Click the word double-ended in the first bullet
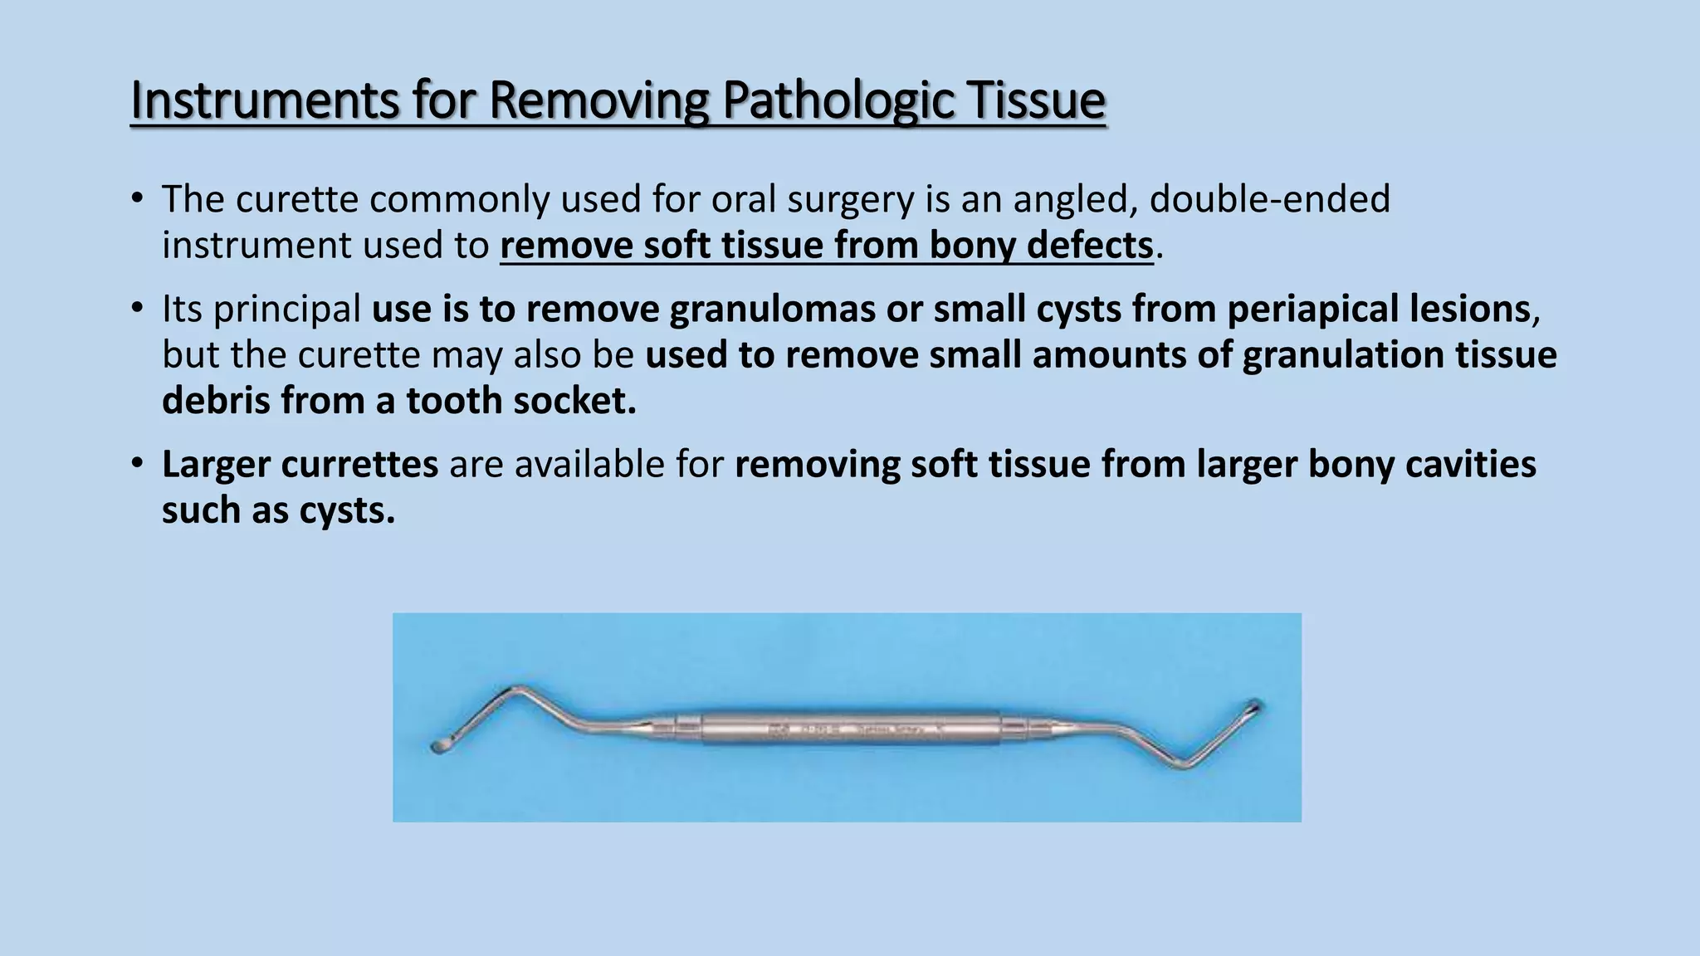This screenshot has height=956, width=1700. [x=1269, y=199]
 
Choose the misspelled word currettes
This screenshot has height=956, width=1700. [x=359, y=464]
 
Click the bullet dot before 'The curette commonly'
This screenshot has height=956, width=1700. [x=138, y=198]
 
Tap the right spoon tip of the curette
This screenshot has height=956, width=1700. [x=1253, y=708]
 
